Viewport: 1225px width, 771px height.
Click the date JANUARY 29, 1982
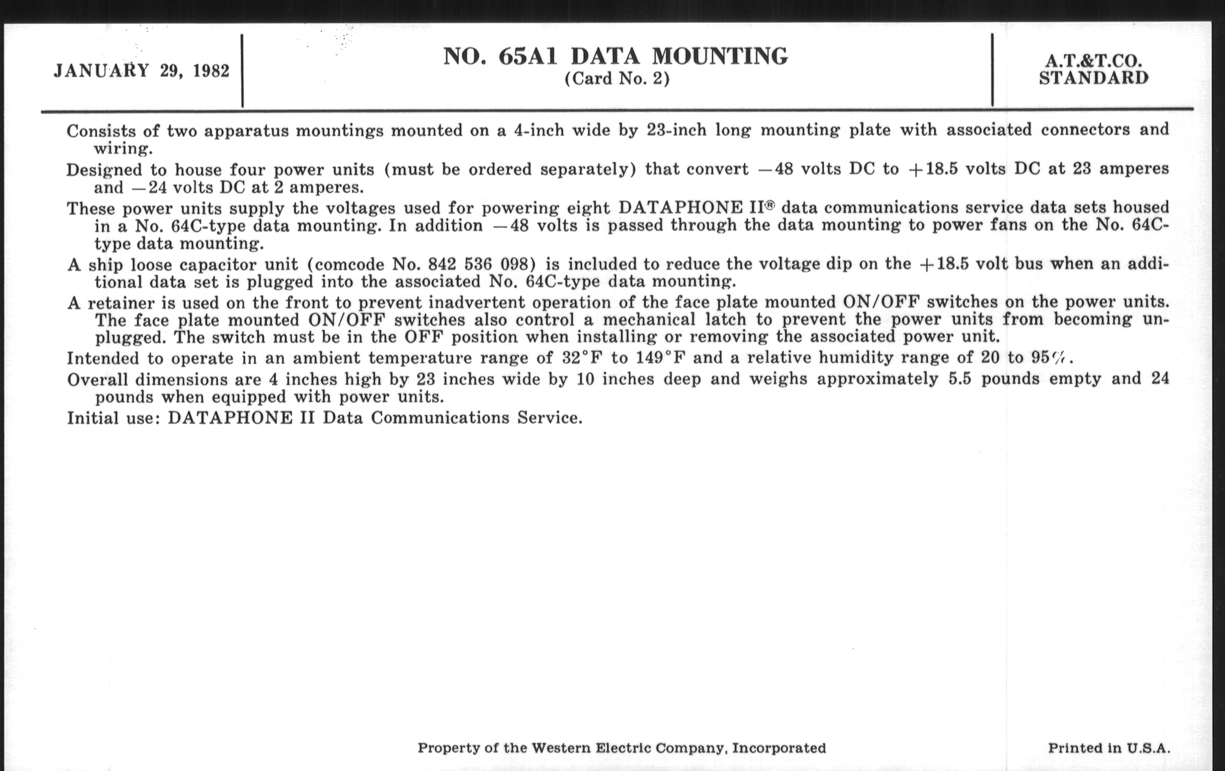click(x=142, y=71)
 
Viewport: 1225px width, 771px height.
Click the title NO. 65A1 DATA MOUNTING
click(x=616, y=56)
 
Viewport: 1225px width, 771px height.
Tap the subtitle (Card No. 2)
click(x=617, y=79)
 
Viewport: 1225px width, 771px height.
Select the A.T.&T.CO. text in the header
click(x=1093, y=61)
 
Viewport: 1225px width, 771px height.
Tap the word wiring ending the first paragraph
click(x=122, y=149)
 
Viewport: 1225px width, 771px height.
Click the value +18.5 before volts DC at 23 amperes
click(x=932, y=169)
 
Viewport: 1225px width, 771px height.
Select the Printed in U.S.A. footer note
click(x=1109, y=748)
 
